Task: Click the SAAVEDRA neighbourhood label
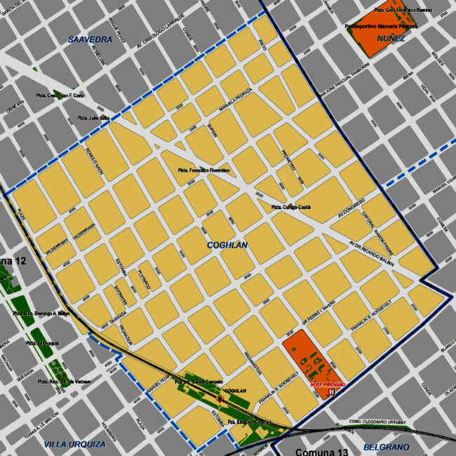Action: pyautogui.click(x=90, y=40)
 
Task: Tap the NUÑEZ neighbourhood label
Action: pyautogui.click(x=390, y=38)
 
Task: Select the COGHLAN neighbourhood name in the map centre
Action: pyautogui.click(x=228, y=245)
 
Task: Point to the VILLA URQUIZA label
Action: pyautogui.click(x=74, y=444)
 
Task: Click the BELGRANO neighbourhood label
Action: pyautogui.click(x=386, y=447)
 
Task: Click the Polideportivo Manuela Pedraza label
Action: pyautogui.click(x=382, y=25)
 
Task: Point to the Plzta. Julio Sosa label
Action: pyautogui.click(x=93, y=118)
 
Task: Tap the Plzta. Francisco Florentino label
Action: pyautogui.click(x=203, y=170)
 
